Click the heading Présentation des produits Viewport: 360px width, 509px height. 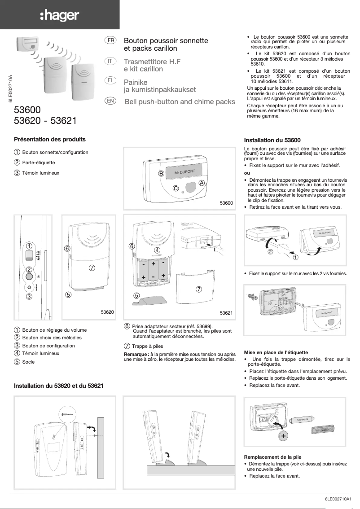pos(49,140)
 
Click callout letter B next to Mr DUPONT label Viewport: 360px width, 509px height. pos(160,174)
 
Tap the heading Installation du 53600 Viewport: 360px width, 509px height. pos(272,140)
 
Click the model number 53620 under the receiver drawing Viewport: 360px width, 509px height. pos(107,312)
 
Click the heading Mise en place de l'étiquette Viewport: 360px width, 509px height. pos(276,352)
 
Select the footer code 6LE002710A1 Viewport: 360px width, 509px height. pos(340,499)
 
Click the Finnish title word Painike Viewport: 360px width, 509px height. pos(136,83)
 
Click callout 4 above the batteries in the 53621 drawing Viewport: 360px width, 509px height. pos(157,250)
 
